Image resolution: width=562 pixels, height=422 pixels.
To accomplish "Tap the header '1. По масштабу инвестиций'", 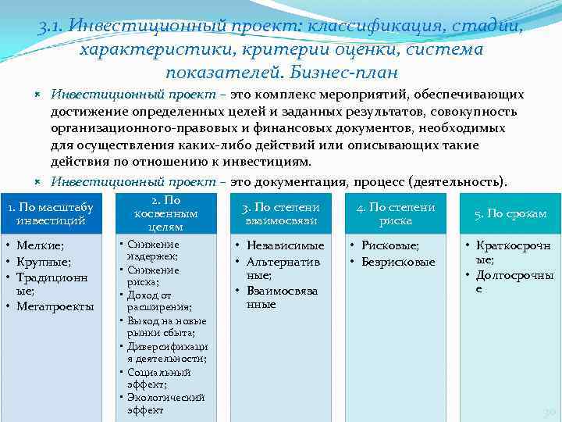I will [50, 213].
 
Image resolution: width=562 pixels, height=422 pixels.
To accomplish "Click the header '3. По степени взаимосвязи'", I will [281, 213].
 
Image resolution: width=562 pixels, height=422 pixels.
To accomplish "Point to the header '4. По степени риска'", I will [396, 213].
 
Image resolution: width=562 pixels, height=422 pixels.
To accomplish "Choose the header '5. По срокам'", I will [510, 213].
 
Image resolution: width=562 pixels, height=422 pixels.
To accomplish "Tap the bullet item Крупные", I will [44, 262].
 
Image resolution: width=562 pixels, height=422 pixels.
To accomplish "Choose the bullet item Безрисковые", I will [398, 262].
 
